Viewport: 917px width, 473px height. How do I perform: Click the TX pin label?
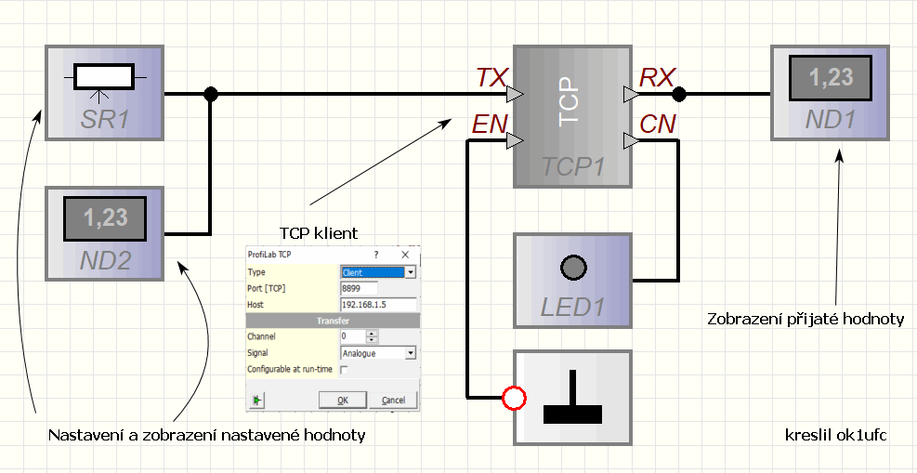pyautogui.click(x=491, y=78)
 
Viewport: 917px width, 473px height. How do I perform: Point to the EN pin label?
pyautogui.click(x=489, y=125)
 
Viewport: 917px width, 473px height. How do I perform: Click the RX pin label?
pyautogui.click(x=657, y=78)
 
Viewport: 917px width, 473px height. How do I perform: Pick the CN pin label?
pyautogui.click(x=658, y=125)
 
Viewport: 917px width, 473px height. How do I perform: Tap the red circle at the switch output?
pyautogui.click(x=514, y=400)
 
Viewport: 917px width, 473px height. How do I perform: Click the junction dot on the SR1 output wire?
pyautogui.click(x=211, y=94)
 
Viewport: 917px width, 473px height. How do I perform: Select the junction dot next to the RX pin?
pyautogui.click(x=679, y=94)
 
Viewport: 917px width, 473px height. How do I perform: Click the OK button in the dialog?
pyautogui.click(x=342, y=400)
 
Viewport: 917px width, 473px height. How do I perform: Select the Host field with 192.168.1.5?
pyautogui.click(x=378, y=305)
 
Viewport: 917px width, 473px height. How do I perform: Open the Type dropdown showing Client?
pyautogui.click(x=410, y=272)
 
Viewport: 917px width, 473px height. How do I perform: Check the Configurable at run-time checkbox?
pyautogui.click(x=344, y=370)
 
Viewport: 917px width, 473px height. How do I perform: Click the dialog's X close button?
pyautogui.click(x=405, y=254)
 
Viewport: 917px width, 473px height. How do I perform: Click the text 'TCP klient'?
pyautogui.click(x=319, y=231)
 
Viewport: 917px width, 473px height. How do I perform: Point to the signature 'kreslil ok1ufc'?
pyautogui.click(x=829, y=434)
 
